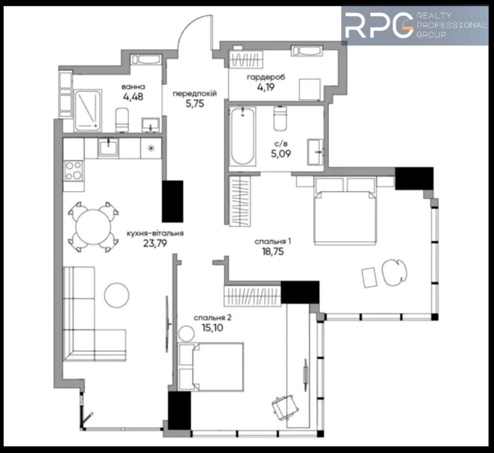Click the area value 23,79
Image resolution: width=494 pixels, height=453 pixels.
(x=155, y=243)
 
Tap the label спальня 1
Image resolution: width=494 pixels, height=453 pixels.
(x=273, y=242)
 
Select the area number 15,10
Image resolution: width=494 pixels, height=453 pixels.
(x=213, y=328)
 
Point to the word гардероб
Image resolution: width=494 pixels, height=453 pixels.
(x=266, y=77)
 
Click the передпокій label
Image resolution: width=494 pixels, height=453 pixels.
(x=195, y=94)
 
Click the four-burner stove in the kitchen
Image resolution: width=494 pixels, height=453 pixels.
(x=74, y=170)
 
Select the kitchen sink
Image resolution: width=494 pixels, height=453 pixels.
(x=108, y=147)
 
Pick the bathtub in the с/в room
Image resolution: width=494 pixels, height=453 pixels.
(x=242, y=136)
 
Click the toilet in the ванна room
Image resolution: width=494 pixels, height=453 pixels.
(x=122, y=120)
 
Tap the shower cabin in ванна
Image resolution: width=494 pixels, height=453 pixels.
(x=87, y=110)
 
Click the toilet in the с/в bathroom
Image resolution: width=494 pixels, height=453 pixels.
(x=280, y=119)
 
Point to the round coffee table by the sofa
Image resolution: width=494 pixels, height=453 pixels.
(x=117, y=295)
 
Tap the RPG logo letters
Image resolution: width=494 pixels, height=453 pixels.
(x=379, y=25)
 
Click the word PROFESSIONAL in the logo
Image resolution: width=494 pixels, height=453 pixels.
(x=451, y=25)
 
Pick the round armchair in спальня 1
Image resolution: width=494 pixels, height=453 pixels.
(x=394, y=273)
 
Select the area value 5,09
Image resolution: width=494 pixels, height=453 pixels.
(x=281, y=154)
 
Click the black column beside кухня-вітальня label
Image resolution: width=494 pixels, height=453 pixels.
(x=172, y=201)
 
